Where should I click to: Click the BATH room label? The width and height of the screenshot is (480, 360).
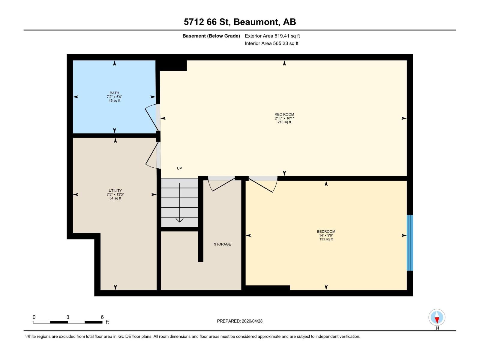click(114, 93)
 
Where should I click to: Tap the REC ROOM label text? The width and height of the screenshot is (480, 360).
click(284, 114)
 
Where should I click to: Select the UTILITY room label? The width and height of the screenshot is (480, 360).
click(115, 190)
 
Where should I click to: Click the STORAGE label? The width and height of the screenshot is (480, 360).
click(222, 244)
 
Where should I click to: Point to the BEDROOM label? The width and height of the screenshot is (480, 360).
click(326, 231)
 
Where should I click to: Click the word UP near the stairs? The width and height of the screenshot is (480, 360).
click(179, 168)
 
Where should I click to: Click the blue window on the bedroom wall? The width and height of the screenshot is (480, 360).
click(410, 243)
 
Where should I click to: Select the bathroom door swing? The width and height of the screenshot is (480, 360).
click(152, 117)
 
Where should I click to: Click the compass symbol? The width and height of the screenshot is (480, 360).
click(437, 317)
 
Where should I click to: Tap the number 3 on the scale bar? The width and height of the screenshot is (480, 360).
click(68, 317)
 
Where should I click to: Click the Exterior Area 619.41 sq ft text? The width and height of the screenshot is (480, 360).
click(272, 36)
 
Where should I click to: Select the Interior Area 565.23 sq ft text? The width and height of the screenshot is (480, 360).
click(271, 43)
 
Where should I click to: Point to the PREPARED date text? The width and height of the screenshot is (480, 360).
click(240, 321)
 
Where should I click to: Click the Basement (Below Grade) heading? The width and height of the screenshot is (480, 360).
click(211, 36)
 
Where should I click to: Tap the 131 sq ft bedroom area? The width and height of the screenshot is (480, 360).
click(326, 239)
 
